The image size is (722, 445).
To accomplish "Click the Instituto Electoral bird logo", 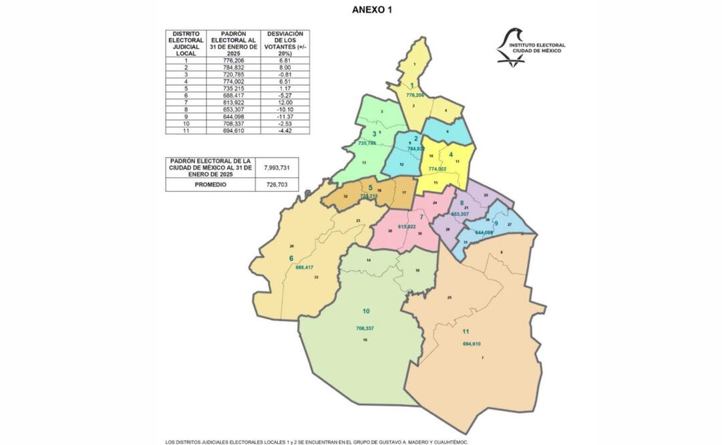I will pos(511,46).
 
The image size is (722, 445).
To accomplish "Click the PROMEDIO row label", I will pos(210,184).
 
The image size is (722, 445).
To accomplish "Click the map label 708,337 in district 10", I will pos(365,329).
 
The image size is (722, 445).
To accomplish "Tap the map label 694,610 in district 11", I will pos(472,344).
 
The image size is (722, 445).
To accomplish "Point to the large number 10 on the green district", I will pos(365,311).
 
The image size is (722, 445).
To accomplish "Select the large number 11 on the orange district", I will pos(466,331).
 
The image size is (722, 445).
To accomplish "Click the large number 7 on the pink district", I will pos(421,217).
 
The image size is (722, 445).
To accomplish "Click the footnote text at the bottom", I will pos(317,442).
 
